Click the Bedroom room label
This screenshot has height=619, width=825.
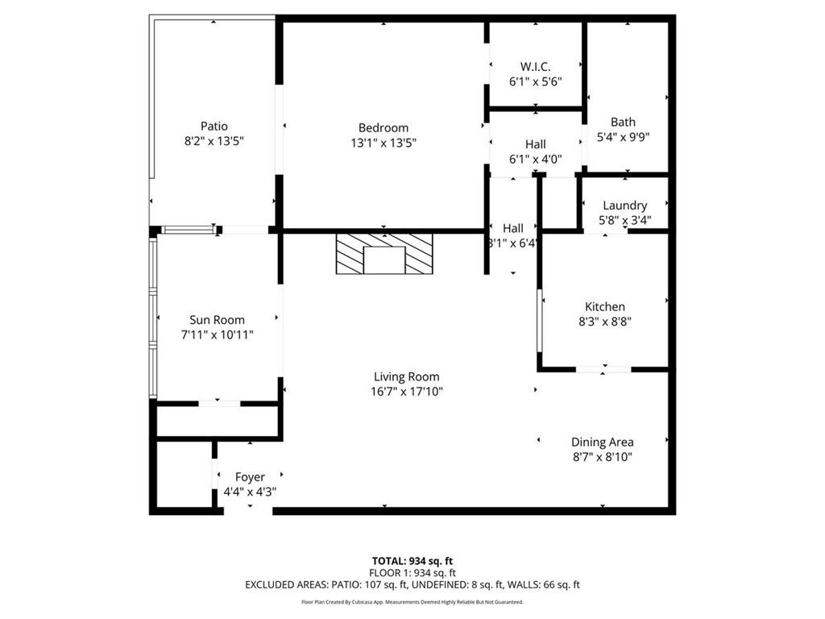383,127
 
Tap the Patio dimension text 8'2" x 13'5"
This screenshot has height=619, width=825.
214,141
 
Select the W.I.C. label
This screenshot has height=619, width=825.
535,67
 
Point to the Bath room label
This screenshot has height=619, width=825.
623,122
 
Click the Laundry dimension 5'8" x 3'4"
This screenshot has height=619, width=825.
624,220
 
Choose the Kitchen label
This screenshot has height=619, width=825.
604,306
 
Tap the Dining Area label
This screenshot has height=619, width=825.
602,442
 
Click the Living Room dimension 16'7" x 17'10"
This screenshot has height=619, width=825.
408,392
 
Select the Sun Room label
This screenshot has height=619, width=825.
217,319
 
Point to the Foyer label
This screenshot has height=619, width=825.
250,477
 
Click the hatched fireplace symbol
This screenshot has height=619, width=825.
383,254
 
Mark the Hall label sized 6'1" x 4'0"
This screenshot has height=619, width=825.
535,144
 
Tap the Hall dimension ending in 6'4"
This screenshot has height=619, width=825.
512,243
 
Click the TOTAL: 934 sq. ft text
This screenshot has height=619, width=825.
412,560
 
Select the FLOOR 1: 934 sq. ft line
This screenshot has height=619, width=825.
412,572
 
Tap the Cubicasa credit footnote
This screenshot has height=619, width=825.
412,602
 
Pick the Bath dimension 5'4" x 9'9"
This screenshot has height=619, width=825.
623,136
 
